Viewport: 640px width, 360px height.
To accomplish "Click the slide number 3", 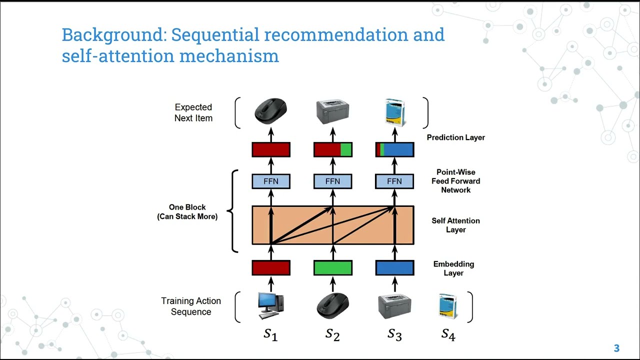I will [x=616, y=348].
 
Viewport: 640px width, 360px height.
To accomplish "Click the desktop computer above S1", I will [x=270, y=305].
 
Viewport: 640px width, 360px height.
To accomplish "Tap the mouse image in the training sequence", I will [x=332, y=305].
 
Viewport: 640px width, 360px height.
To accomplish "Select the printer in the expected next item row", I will [x=332, y=112].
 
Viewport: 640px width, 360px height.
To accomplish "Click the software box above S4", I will [x=448, y=306].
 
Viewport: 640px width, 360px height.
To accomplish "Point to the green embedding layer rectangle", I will [x=332, y=268].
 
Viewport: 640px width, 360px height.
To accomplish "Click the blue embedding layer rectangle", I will [x=394, y=268].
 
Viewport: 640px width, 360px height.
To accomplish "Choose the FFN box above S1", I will [x=270, y=181].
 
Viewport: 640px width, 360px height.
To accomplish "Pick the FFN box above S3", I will [x=394, y=181].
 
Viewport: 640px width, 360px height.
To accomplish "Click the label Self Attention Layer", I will [x=455, y=225].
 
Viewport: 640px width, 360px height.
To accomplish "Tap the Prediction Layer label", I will [x=455, y=137].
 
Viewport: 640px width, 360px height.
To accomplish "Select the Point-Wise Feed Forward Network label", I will [x=455, y=181].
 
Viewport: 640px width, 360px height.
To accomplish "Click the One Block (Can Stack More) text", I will [x=187, y=212].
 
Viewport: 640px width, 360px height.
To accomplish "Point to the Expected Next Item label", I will [x=193, y=112].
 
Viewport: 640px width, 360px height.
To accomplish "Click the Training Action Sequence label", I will [x=190, y=306].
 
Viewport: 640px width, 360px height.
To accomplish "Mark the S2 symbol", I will [x=332, y=334].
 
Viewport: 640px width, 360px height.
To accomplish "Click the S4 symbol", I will [x=448, y=334].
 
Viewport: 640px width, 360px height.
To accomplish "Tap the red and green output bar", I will [x=332, y=149].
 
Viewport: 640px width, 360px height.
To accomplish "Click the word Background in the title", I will [x=113, y=35].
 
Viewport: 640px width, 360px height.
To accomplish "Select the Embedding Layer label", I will [x=453, y=268].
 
